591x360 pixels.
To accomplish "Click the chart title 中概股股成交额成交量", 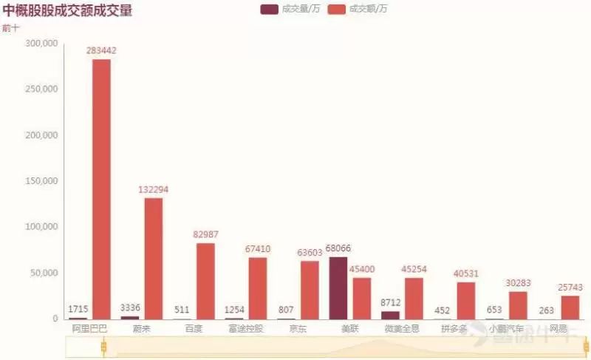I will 68,12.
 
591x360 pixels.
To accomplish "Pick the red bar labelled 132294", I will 153,258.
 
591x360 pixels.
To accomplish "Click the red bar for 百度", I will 205,281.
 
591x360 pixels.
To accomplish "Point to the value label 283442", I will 101,50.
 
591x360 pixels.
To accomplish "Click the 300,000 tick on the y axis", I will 41,44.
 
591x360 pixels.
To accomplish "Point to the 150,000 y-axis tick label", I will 41,181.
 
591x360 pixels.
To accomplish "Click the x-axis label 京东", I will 298,328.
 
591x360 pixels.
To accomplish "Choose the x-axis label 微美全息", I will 402,328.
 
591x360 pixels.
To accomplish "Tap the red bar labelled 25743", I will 570,307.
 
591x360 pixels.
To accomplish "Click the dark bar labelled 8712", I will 390,315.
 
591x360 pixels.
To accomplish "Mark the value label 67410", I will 258,249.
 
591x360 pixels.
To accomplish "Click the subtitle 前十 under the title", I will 11,28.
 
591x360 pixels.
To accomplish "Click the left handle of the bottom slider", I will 104,346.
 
